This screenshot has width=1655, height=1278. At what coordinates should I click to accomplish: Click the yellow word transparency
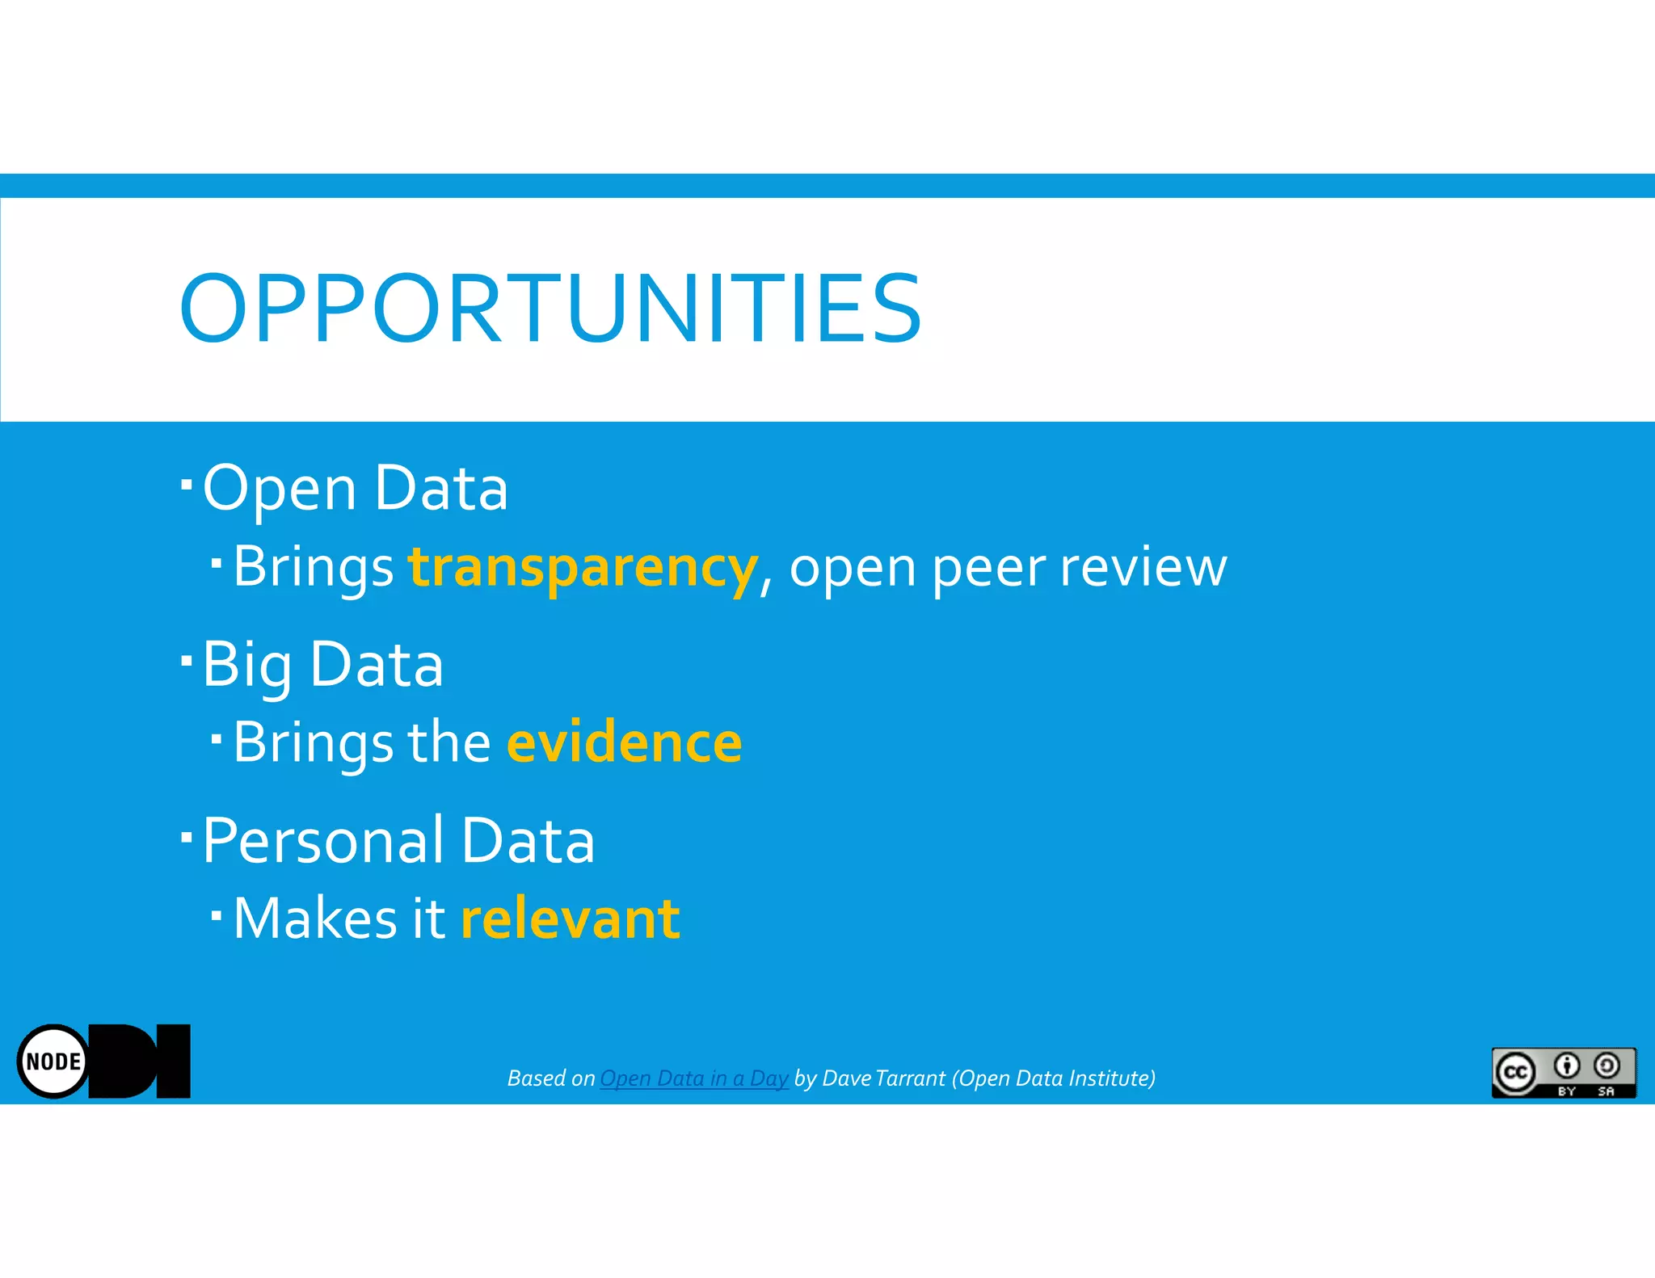[583, 567]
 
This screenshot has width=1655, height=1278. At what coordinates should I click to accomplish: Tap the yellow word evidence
[624, 742]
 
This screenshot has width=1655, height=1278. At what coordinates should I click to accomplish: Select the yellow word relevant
[571, 919]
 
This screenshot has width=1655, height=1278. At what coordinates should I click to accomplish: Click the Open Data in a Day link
[693, 1078]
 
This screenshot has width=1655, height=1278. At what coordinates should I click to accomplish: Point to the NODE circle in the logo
[53, 1061]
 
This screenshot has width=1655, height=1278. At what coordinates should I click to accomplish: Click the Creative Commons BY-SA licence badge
[1563, 1072]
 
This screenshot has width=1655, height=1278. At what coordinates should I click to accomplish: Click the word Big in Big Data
[246, 664]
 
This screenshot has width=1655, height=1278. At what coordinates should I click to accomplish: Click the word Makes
[314, 919]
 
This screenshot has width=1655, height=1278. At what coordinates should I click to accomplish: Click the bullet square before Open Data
[187, 485]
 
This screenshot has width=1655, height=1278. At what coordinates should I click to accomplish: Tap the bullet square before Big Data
[187, 661]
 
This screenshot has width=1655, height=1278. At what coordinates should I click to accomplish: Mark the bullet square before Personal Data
[187, 837]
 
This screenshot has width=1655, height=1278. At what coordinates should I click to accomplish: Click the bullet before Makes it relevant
[216, 915]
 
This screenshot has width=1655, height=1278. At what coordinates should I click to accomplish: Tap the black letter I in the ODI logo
[173, 1061]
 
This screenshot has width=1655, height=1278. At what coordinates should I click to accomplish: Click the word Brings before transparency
[314, 567]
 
